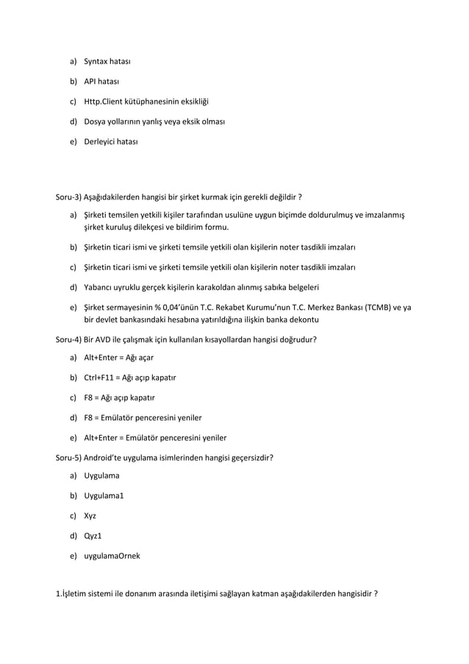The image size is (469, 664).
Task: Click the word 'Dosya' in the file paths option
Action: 96,121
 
